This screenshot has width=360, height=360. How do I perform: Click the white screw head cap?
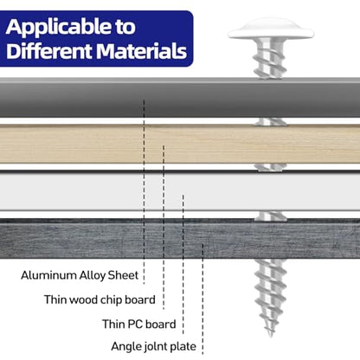[271, 29]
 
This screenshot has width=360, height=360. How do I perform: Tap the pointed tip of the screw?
[270, 336]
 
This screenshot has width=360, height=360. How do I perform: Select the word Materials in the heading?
[141, 51]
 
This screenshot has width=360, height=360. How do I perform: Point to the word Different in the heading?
[49, 51]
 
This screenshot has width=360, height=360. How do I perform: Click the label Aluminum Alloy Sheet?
[80, 275]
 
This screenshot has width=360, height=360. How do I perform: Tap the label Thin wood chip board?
[100, 300]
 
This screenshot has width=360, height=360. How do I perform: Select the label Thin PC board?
[139, 325]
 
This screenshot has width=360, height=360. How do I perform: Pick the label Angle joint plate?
[154, 346]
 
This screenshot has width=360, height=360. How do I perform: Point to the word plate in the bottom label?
[183, 346]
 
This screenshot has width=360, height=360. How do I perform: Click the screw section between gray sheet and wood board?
[270, 121]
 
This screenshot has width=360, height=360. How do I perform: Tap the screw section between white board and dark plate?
[271, 215]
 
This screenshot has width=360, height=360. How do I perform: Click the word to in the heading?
[125, 28]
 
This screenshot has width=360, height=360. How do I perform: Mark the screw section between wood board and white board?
[270, 167]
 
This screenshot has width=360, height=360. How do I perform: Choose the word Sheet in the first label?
[123, 275]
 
